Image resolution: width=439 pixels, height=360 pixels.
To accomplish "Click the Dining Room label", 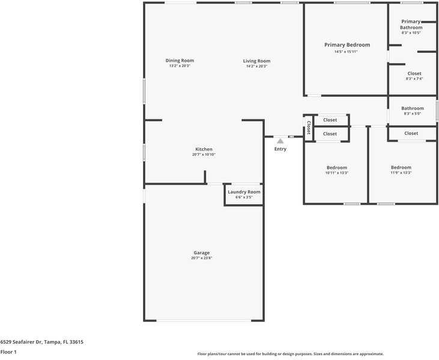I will click(x=180, y=61).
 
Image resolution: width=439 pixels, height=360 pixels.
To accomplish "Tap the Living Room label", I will click(x=256, y=61).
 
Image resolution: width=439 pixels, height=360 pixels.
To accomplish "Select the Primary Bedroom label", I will click(x=347, y=45).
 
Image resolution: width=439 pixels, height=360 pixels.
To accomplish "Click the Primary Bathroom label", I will click(x=411, y=25).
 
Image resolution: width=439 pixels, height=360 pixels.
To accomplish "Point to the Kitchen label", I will click(x=204, y=149).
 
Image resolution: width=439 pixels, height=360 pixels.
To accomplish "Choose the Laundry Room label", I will click(x=244, y=192).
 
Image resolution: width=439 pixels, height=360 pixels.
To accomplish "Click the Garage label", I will click(x=201, y=253).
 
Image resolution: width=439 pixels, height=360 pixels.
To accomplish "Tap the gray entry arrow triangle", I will click(x=280, y=141).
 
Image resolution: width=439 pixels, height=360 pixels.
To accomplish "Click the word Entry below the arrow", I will click(x=280, y=149).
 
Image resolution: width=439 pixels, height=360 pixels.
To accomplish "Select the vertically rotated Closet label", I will click(x=309, y=128).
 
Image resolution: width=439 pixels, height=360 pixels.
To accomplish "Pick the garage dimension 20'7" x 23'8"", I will click(x=201, y=258).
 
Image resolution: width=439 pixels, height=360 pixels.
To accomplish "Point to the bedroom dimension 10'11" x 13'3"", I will click(x=336, y=173).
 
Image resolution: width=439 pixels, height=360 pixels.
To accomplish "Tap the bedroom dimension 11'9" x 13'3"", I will click(x=401, y=173).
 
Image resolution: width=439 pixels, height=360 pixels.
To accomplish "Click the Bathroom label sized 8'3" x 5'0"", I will click(x=413, y=109).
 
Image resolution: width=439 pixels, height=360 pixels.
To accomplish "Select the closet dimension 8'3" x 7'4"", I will click(x=414, y=79).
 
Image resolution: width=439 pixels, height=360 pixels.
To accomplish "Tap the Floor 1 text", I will click(x=8, y=352).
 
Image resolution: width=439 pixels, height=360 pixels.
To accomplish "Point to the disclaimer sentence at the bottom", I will click(x=290, y=354).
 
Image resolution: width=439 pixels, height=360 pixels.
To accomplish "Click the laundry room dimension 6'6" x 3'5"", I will click(x=244, y=197).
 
